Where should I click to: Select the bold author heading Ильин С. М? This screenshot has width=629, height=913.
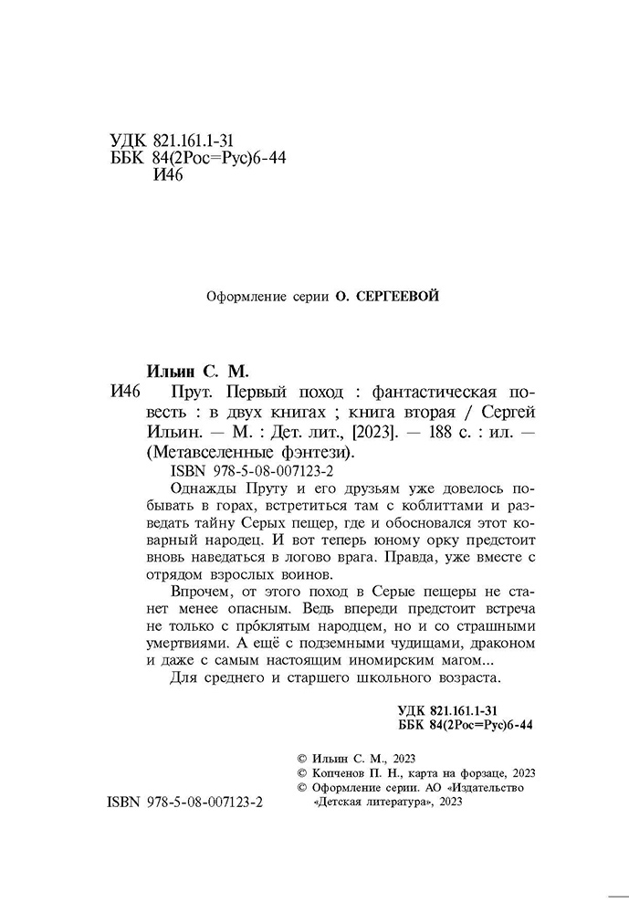coord(196,372)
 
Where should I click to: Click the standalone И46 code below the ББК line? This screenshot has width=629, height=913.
coord(166,175)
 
